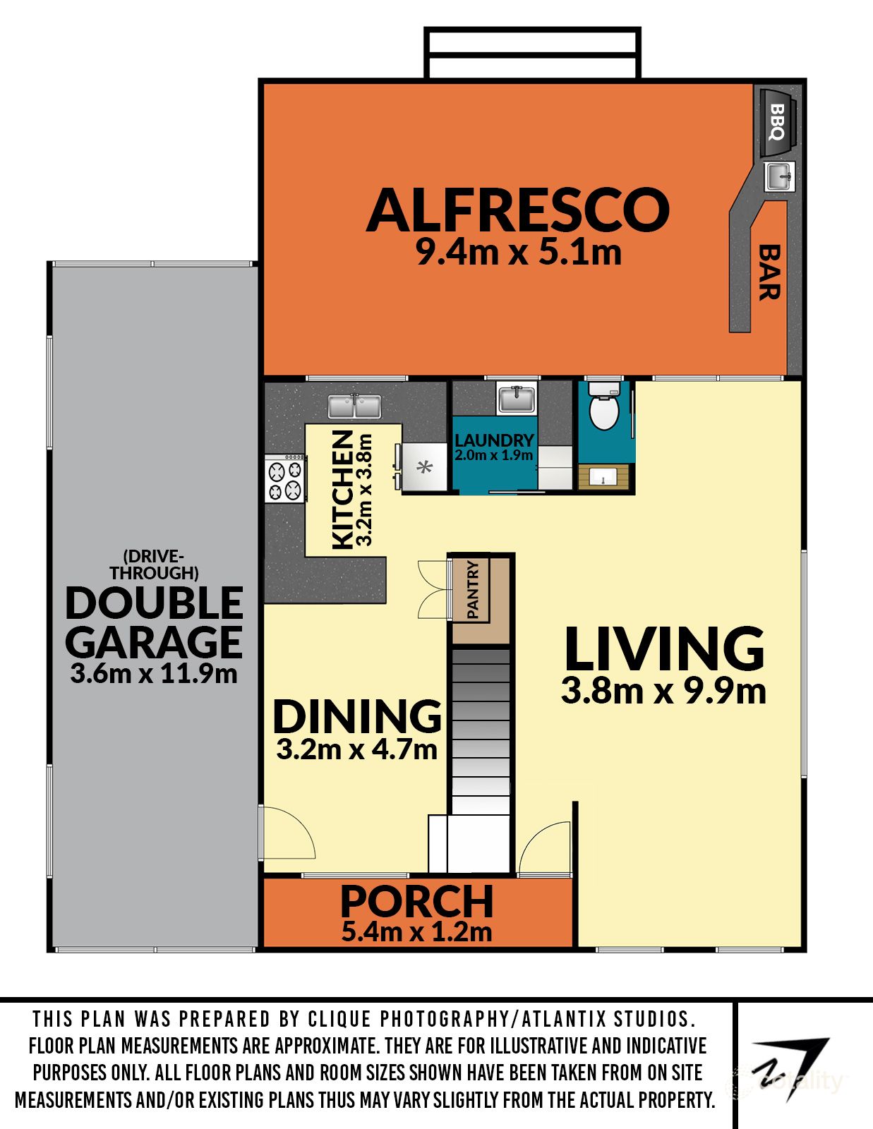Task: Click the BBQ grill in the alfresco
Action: pos(778,122)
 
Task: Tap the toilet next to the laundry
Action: pos(604,406)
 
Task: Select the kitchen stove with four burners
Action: pos(285,478)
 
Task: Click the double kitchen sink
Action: pos(354,406)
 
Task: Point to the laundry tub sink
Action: pos(516,399)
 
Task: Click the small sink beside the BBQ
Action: pos(779,176)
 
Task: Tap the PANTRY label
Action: pos(473,589)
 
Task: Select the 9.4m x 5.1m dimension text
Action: pos(519,253)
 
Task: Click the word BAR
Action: pos(769,272)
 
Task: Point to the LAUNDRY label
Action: pos(494,440)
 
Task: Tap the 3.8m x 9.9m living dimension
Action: pos(663,692)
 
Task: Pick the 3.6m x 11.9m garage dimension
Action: pos(154,675)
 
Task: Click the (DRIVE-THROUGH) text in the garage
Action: pos(154,564)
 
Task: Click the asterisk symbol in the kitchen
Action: pos(425,467)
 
